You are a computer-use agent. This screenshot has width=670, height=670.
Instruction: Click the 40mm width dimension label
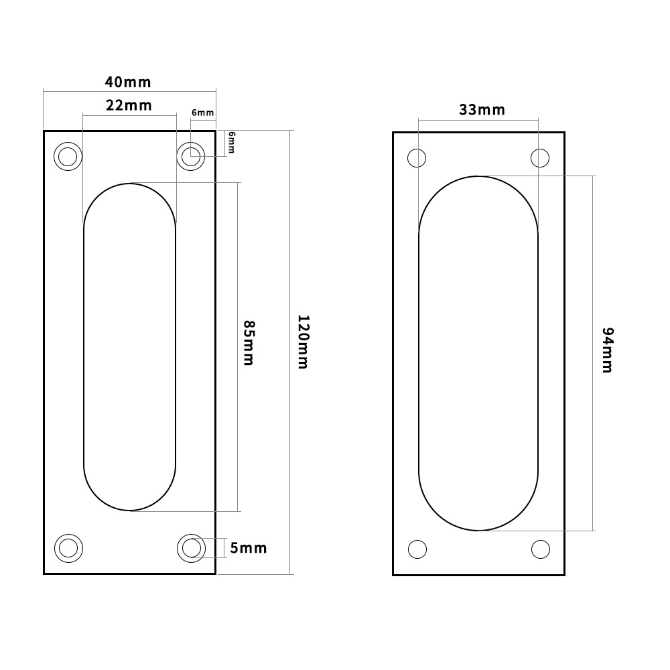click(128, 82)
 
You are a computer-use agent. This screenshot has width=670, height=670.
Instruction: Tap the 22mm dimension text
click(128, 105)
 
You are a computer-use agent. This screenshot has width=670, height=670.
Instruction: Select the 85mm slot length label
click(248, 342)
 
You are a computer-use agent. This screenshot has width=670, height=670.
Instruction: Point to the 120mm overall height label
click(302, 342)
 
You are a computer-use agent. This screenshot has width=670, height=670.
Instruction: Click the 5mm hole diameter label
click(248, 548)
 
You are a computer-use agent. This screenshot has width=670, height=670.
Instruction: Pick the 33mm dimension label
click(482, 110)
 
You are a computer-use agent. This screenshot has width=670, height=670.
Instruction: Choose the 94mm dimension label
click(607, 350)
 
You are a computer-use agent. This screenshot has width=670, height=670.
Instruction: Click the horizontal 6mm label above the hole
click(202, 113)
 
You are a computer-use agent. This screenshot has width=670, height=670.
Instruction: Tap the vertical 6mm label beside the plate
click(232, 143)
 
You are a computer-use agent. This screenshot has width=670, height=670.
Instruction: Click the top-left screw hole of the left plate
click(67, 157)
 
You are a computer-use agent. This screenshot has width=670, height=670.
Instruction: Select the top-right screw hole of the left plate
click(192, 157)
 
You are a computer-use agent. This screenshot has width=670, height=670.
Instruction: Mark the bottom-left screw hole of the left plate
click(67, 548)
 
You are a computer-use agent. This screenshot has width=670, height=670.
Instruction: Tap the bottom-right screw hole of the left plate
click(192, 548)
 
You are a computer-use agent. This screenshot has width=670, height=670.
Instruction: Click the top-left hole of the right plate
click(417, 159)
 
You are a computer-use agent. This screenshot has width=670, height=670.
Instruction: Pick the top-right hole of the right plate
click(540, 159)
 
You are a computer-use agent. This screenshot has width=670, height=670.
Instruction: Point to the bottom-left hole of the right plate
click(417, 549)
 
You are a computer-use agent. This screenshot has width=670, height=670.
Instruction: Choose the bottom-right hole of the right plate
click(540, 549)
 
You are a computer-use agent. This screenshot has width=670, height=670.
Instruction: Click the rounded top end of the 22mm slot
click(129, 201)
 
